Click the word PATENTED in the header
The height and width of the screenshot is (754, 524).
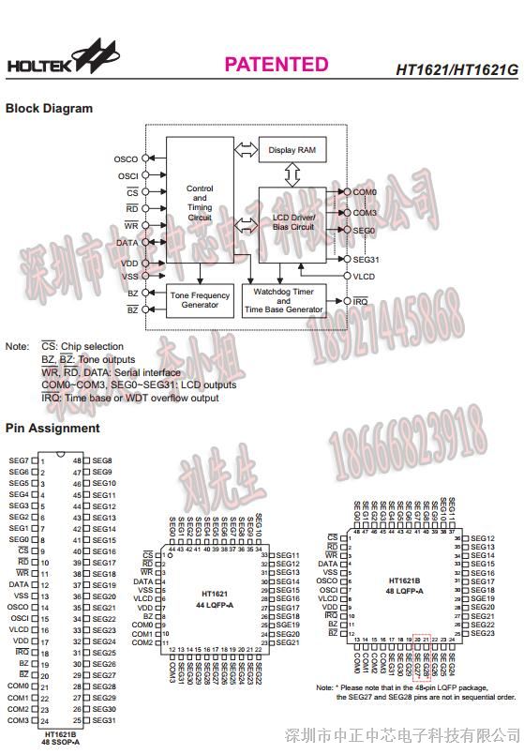(276, 64)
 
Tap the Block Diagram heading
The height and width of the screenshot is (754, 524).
(50, 108)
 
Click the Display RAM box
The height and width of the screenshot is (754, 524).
(292, 150)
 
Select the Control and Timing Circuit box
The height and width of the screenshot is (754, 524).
(200, 203)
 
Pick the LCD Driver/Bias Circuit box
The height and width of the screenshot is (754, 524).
(292, 222)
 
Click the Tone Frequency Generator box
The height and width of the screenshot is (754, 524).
(200, 300)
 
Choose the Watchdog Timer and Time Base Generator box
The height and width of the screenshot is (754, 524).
(283, 300)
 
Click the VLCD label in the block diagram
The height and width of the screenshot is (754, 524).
(365, 277)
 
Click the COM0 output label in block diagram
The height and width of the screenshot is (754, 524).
(364, 192)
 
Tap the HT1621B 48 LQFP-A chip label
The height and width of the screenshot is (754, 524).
(405, 586)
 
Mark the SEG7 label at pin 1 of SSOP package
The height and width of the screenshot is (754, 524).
(20, 460)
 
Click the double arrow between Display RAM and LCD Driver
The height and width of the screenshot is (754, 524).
(292, 173)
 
